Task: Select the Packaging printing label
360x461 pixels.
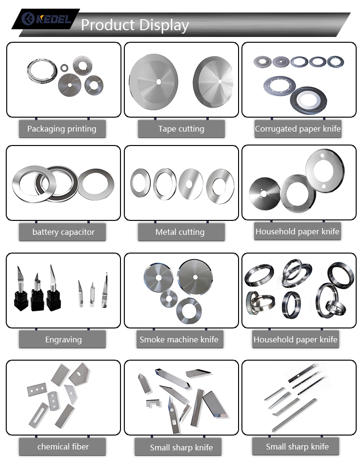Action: coord(61,129)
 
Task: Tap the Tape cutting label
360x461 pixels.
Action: coord(181,129)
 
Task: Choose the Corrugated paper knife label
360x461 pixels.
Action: coord(298,129)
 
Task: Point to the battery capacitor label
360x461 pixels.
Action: coord(63,232)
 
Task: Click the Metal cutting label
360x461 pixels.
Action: coord(180,232)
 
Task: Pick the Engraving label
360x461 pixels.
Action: coord(63,340)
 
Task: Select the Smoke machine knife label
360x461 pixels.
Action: coord(179,340)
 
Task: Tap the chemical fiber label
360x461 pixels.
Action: coord(63,447)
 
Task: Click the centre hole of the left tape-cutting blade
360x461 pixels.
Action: coord(158,82)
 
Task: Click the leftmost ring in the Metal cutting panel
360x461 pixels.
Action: coord(140,183)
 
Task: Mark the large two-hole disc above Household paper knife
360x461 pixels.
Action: coord(324,170)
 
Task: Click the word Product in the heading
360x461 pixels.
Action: coord(107,24)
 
